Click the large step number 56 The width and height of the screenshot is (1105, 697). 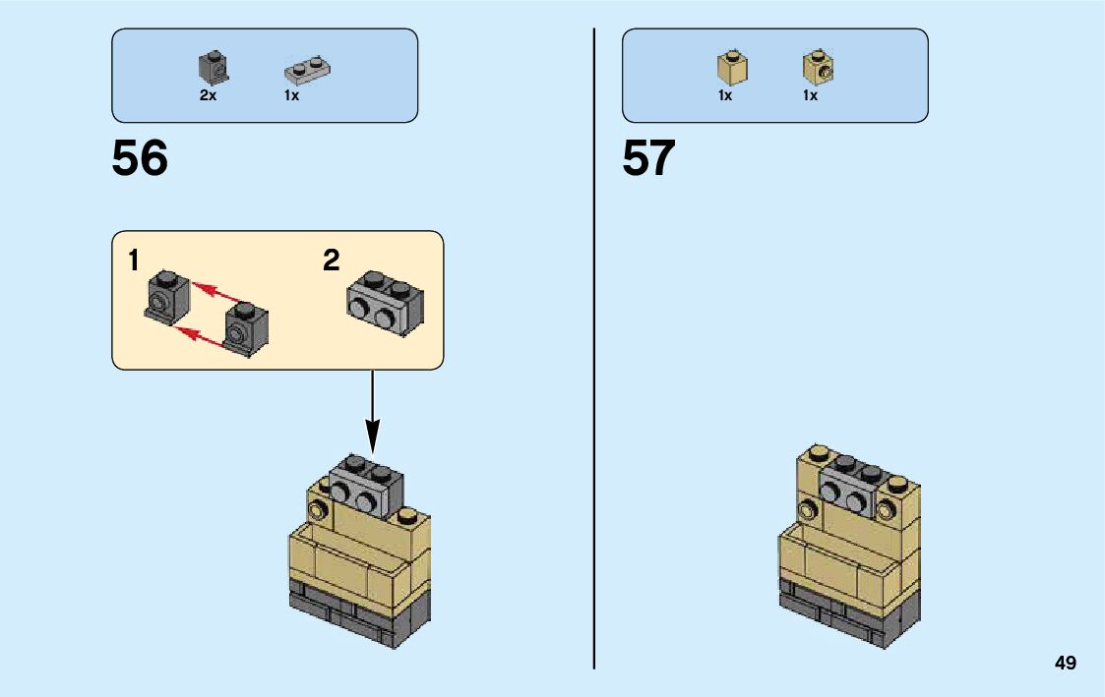tap(140, 158)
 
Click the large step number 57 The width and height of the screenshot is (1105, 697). tap(648, 158)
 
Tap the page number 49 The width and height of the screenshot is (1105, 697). tap(1065, 664)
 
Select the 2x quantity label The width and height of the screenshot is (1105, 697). tap(208, 96)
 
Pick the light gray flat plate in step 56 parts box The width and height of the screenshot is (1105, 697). tap(307, 69)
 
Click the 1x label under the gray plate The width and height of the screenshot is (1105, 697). tap(292, 96)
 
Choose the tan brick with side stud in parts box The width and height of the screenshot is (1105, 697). tap(818, 66)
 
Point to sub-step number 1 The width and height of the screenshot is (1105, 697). tap(133, 261)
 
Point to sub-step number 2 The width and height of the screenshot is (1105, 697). tap(331, 261)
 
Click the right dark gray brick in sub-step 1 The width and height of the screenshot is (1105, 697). tap(245, 327)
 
